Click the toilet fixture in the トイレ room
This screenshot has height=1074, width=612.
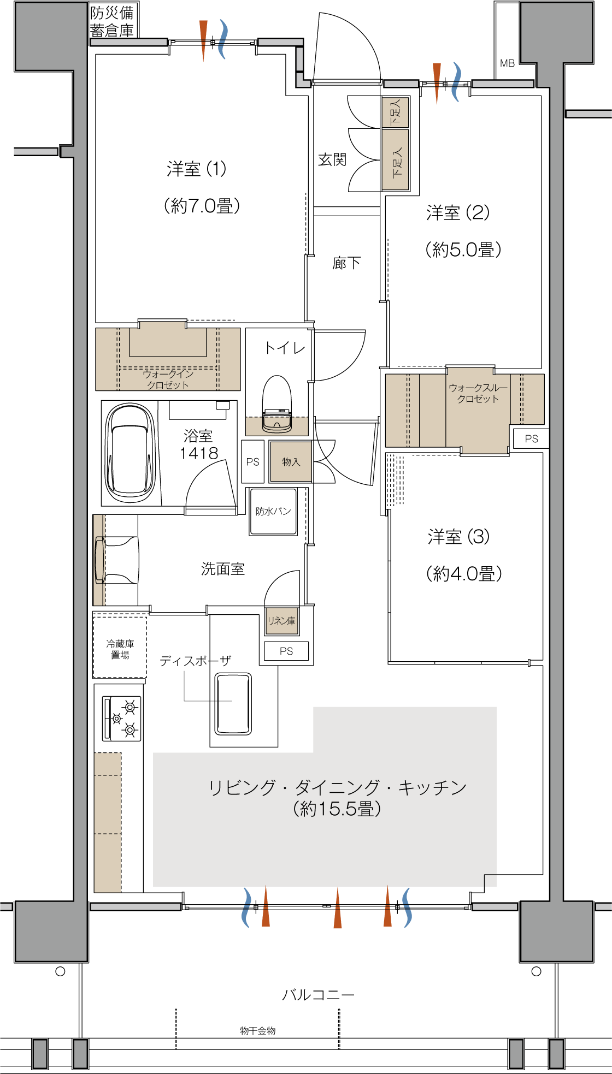coord(277,404)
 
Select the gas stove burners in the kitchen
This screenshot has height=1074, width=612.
coord(122,718)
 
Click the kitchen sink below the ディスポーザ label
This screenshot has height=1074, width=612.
coord(233,704)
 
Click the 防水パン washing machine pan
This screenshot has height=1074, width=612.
coord(273,511)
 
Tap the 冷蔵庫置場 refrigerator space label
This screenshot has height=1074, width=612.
coord(120,649)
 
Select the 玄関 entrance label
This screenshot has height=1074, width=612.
coord(332,159)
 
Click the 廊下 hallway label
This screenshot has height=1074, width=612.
coord(346,263)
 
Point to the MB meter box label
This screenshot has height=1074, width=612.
coord(508,63)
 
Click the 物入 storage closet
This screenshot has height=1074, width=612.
coord(291,462)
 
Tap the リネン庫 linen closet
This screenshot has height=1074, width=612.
coord(282,621)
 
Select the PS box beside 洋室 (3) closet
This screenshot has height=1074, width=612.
coord(531,438)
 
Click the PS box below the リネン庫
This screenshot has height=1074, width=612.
coord(286,651)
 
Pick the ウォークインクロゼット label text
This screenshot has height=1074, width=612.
coord(168,379)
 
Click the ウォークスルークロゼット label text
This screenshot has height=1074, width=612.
coord(478,393)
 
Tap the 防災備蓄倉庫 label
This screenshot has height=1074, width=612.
coord(112,22)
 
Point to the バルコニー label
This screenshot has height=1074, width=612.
coord(319,994)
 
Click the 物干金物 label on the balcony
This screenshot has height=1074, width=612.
coord(258,1030)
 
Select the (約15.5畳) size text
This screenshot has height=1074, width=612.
coord(337,809)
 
